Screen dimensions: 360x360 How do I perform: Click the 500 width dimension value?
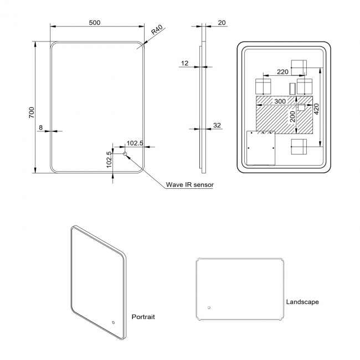94,22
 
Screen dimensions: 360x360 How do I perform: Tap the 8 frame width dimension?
41,127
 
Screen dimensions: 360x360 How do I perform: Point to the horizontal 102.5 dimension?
135,143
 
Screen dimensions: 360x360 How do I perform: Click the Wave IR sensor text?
190,185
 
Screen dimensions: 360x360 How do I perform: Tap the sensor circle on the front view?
125,154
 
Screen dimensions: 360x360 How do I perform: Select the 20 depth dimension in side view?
222,22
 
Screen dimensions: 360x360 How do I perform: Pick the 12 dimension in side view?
184,63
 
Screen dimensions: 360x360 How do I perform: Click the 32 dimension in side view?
217,125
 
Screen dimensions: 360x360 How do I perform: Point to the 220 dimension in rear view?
282,71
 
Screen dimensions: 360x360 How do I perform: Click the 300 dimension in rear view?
280,101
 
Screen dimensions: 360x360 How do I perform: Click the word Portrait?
143,317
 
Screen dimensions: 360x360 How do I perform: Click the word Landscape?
302,302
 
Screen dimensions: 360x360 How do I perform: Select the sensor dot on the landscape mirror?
209,308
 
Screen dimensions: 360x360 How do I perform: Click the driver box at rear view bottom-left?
261,148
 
